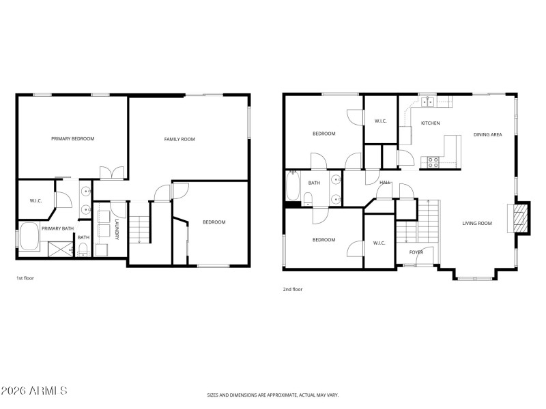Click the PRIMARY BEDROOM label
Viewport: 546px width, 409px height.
(x=73, y=138)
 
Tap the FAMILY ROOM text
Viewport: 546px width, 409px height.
(x=179, y=139)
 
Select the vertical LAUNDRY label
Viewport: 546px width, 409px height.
(x=117, y=230)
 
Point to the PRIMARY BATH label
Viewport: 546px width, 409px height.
(x=58, y=228)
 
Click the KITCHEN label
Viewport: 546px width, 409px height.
(x=430, y=123)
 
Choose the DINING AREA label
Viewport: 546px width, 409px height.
(x=487, y=135)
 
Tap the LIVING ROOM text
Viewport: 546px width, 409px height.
(x=477, y=223)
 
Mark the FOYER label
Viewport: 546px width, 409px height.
(x=416, y=252)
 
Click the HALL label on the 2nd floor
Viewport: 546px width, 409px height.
(x=385, y=183)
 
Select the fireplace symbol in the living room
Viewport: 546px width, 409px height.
(x=520, y=218)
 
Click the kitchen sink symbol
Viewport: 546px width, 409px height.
(x=429, y=103)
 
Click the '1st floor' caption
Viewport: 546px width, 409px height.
(x=25, y=278)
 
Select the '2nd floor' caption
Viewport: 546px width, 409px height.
(x=293, y=289)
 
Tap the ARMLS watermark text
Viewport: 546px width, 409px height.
(x=34, y=391)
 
